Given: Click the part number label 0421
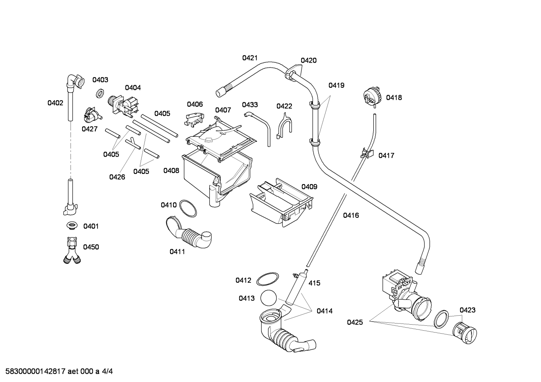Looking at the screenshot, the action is [x=250, y=58].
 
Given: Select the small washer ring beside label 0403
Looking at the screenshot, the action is [x=99, y=93].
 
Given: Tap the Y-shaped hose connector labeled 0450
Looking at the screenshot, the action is [x=72, y=251].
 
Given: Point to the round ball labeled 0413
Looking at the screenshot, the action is [x=268, y=298].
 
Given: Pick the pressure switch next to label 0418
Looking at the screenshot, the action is [x=372, y=96].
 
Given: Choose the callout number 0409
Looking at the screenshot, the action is [x=309, y=187].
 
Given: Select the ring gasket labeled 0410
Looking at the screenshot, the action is [x=188, y=208].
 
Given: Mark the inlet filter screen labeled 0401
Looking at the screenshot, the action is [x=72, y=226].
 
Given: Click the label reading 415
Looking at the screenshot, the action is [x=314, y=283].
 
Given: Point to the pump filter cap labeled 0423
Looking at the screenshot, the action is [x=464, y=333].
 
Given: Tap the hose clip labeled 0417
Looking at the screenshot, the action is [x=367, y=153].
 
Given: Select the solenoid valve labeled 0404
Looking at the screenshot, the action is [x=123, y=106].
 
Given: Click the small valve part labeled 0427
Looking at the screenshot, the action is [x=92, y=114].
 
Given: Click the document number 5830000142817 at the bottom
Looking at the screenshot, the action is [x=35, y=371].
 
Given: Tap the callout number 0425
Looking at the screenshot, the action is [x=355, y=322].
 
